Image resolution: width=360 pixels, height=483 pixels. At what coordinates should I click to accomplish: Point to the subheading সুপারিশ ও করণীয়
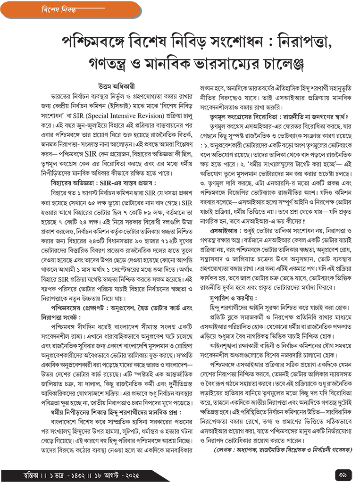(233, 299)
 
